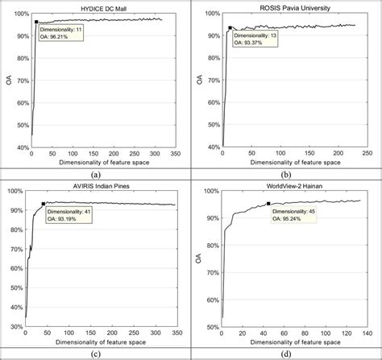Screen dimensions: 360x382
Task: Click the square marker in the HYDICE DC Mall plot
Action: click(x=37, y=23)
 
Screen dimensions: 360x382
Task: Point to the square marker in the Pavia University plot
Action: click(x=230, y=27)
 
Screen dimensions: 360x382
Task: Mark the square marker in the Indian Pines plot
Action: click(x=43, y=204)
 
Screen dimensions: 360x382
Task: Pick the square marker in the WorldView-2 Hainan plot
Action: click(x=268, y=204)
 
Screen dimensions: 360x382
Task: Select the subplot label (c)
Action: click(x=95, y=351)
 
